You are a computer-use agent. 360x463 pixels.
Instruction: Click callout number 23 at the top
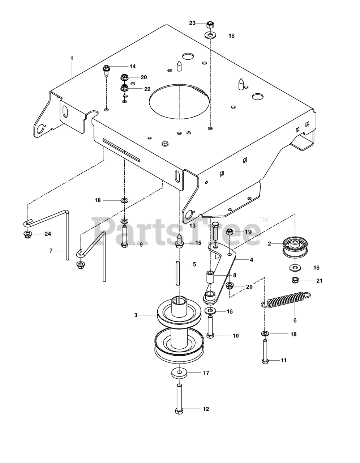point(192,23)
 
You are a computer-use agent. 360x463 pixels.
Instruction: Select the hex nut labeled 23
point(210,25)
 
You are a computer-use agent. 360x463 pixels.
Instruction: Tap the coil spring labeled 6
point(286,299)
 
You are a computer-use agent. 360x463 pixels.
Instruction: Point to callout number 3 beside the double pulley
point(136,315)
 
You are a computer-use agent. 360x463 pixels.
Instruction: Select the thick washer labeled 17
point(179,373)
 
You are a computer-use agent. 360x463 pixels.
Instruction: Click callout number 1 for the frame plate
point(72,58)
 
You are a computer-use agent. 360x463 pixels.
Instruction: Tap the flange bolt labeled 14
point(106,69)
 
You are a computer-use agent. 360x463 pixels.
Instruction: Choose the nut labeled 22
point(124,88)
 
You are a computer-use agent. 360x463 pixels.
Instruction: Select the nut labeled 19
point(230,232)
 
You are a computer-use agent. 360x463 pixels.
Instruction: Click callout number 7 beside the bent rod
point(51,250)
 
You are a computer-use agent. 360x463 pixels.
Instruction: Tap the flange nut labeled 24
point(27,234)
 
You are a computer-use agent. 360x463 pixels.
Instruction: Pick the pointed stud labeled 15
point(179,241)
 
